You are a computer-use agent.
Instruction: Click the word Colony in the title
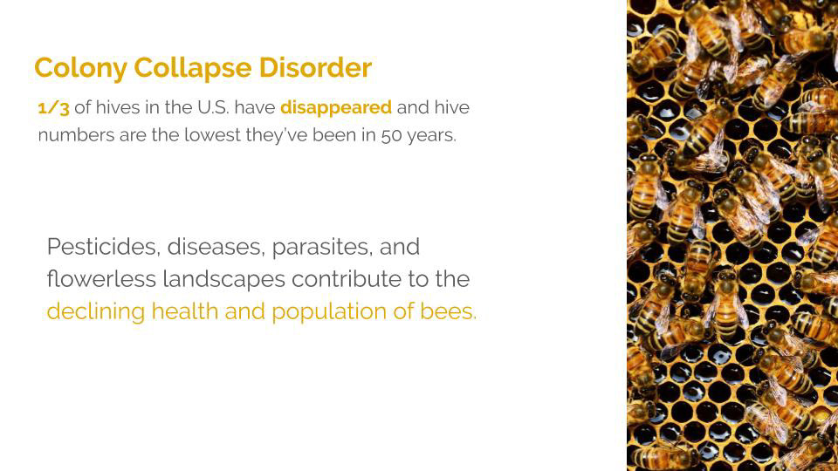(80, 69)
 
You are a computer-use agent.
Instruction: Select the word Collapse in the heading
(192, 69)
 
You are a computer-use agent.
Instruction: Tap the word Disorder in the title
(315, 68)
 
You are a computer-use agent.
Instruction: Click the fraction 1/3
(53, 108)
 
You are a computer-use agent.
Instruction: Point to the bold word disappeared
(335, 108)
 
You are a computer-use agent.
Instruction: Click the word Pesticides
(104, 247)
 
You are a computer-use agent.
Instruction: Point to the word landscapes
(224, 280)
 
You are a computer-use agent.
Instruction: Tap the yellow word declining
(96, 312)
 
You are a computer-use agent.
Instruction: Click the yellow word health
(185, 311)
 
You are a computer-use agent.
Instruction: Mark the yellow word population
(329, 312)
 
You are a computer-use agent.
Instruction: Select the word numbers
(76, 136)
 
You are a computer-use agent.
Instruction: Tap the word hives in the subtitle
(118, 107)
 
